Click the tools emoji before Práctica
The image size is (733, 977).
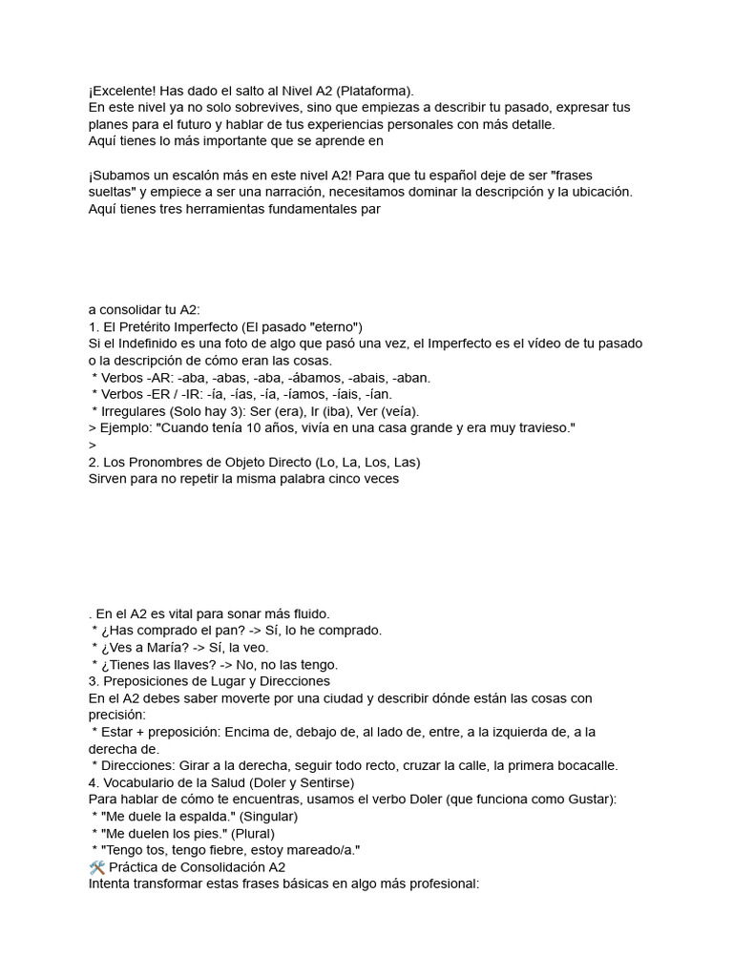click(96, 867)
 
